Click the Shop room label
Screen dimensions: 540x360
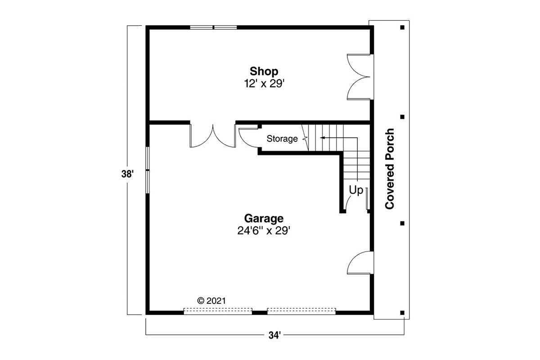coord(264,72)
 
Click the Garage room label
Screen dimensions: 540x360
coord(264,218)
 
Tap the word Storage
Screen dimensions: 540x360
coord(282,139)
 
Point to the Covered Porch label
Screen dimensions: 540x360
coord(390,169)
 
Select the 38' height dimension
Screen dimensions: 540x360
coord(127,174)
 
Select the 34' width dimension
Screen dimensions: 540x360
coord(275,335)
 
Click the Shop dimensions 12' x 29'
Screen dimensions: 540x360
coord(265,84)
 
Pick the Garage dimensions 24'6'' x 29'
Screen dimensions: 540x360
coord(264,231)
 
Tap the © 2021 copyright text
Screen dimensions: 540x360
coord(211,301)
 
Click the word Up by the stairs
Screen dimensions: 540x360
coord(356,190)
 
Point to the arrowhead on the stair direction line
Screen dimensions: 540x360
coord(322,138)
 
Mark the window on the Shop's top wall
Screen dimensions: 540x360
coord(213,27)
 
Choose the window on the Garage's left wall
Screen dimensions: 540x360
coord(148,170)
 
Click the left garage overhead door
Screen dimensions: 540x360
coord(218,311)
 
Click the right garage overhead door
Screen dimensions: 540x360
coord(301,311)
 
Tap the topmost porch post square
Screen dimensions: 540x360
coord(402,27)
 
